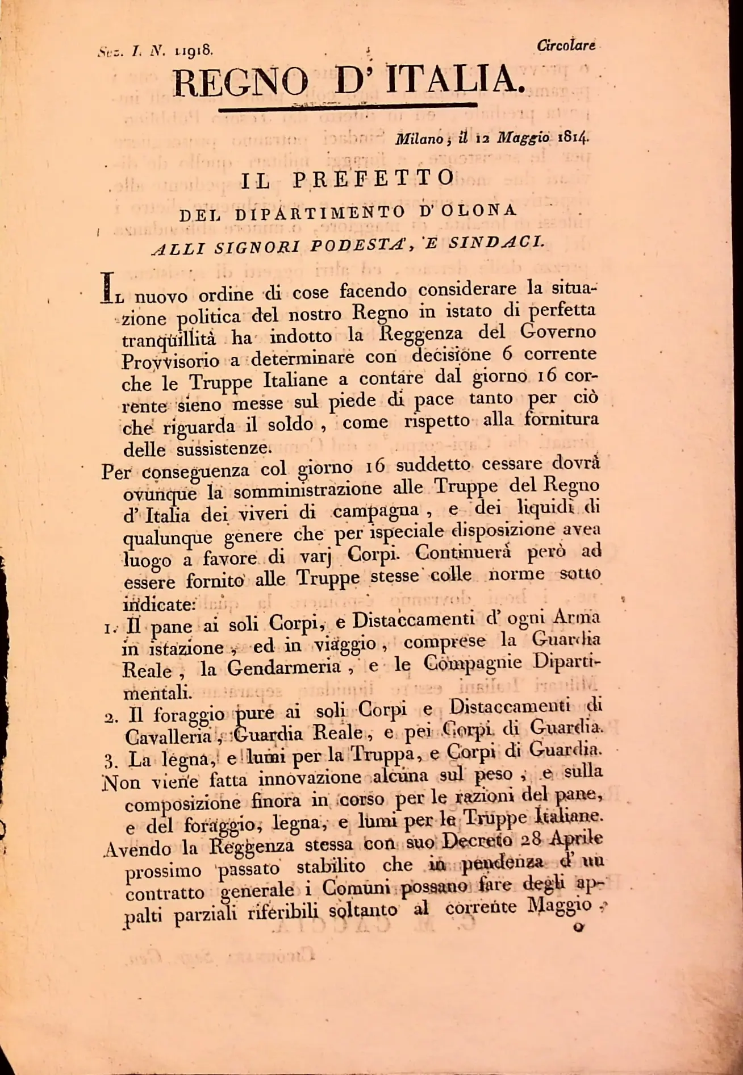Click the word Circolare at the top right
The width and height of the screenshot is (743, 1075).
(x=566, y=45)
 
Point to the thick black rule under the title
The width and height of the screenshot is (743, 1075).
(x=347, y=105)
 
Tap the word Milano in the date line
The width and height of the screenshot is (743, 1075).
(x=419, y=139)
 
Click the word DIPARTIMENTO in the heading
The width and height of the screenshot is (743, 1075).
(x=321, y=213)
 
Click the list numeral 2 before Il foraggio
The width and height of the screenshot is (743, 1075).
(x=111, y=716)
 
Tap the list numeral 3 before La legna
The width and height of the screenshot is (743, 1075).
(x=111, y=761)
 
